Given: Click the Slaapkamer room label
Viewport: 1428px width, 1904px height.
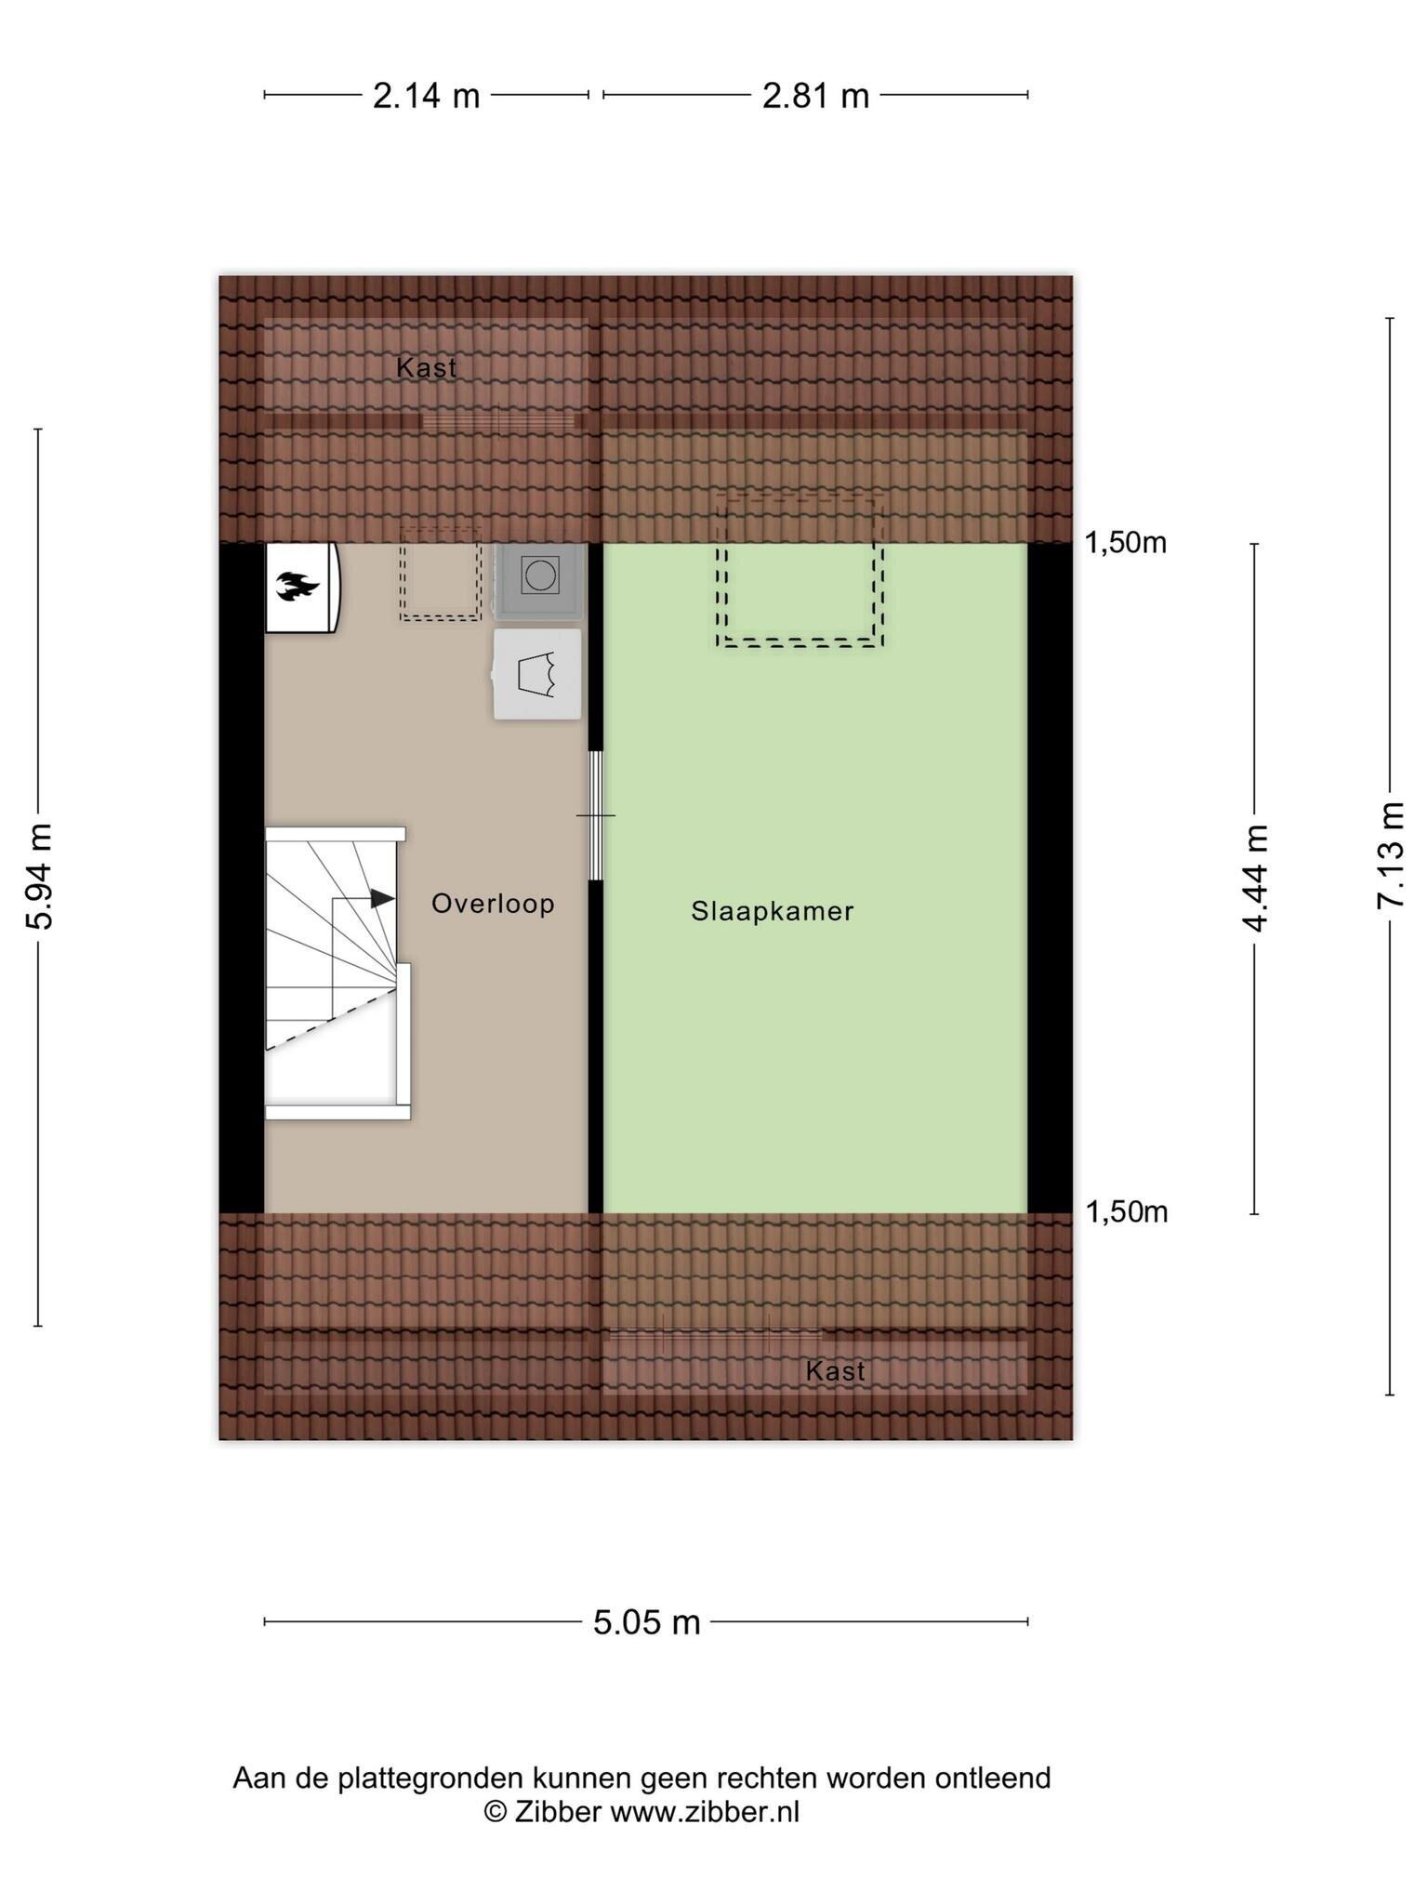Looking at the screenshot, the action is point(772,911).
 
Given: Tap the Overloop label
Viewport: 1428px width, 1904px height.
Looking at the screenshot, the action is point(493,904).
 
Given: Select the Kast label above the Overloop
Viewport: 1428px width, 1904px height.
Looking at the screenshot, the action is point(426,368).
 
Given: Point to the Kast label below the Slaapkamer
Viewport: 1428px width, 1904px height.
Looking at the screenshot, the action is point(835,1371).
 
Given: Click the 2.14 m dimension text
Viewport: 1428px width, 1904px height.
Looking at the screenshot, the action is point(426,95).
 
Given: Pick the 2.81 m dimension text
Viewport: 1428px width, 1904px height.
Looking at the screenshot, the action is point(815,95).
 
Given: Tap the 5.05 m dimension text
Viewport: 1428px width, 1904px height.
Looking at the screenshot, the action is point(646,1622).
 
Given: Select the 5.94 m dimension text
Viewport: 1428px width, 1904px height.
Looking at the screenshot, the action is point(39,877).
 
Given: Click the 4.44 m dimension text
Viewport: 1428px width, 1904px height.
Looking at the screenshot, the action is point(1254,878).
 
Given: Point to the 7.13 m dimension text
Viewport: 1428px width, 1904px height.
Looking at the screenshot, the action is point(1390,855).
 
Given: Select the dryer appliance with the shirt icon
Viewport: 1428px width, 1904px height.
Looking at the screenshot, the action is point(537,674).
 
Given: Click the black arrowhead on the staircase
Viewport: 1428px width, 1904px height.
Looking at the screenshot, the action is point(382,898).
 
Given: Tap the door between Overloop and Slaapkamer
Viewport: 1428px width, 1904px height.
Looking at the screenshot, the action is point(596,815).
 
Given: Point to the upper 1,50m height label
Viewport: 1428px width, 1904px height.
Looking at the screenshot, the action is point(1126,542).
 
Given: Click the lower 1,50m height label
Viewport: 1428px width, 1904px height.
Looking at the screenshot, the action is point(1127,1211).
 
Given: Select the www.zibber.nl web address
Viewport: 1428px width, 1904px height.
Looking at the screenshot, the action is point(705,1812).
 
